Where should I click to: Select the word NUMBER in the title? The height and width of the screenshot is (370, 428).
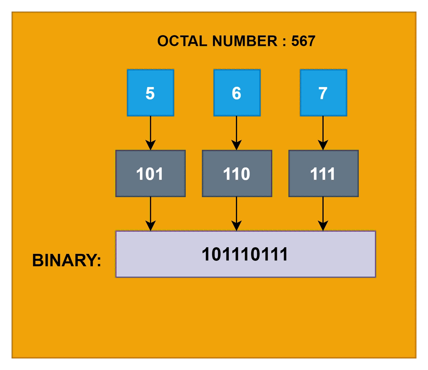click(x=245, y=41)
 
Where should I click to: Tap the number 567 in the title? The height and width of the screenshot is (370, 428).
click(x=303, y=41)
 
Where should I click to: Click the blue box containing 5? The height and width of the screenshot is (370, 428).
click(x=150, y=93)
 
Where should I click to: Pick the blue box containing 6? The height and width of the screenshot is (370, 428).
click(x=237, y=93)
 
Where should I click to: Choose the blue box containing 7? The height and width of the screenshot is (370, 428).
click(x=323, y=93)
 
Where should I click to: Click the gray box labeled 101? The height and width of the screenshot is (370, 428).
click(x=150, y=173)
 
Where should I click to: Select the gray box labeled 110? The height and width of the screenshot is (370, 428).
click(x=237, y=173)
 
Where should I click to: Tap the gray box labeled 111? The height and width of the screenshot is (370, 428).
click(x=323, y=173)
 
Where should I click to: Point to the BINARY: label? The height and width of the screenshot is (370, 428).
click(x=67, y=260)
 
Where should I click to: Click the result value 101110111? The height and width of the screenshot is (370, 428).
click(x=245, y=254)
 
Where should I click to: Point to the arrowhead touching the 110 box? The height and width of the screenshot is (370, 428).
click(x=236, y=145)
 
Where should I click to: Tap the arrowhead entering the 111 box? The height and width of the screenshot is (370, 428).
click(x=323, y=145)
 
